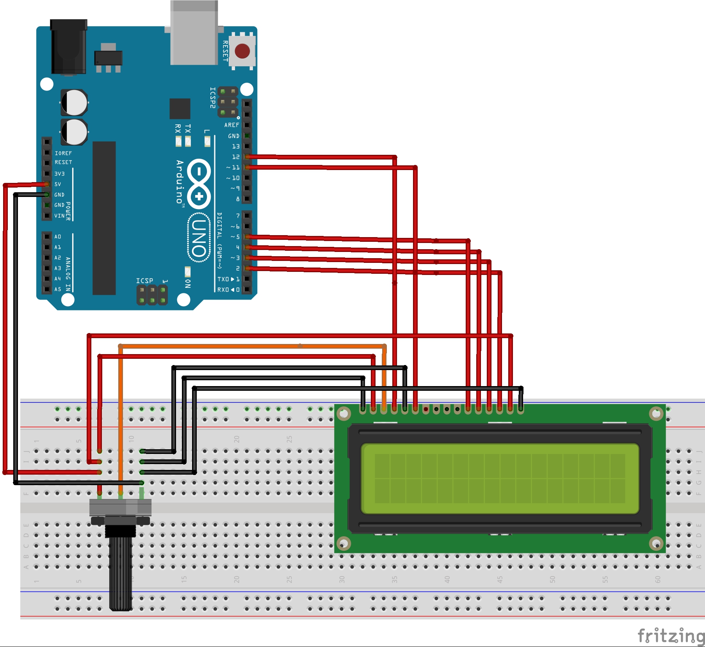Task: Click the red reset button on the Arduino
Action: tap(242, 51)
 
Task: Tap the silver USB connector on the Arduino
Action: tap(194, 33)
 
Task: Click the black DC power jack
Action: tap(68, 47)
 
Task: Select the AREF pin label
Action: tap(231, 125)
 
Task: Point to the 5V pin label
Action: tap(58, 184)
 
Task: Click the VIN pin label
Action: tap(59, 216)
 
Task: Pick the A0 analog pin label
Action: tap(58, 237)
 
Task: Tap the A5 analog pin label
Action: tap(58, 289)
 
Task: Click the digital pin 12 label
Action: tap(236, 157)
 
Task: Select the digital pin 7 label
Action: tap(238, 216)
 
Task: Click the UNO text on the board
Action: tap(199, 238)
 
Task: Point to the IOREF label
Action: tap(63, 153)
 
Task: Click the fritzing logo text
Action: tap(671, 636)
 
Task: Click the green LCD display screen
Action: tap(500, 478)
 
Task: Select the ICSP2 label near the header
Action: tap(212, 97)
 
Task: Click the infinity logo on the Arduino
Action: tap(199, 183)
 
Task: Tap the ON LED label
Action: tap(188, 284)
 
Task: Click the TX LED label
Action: tap(188, 129)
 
